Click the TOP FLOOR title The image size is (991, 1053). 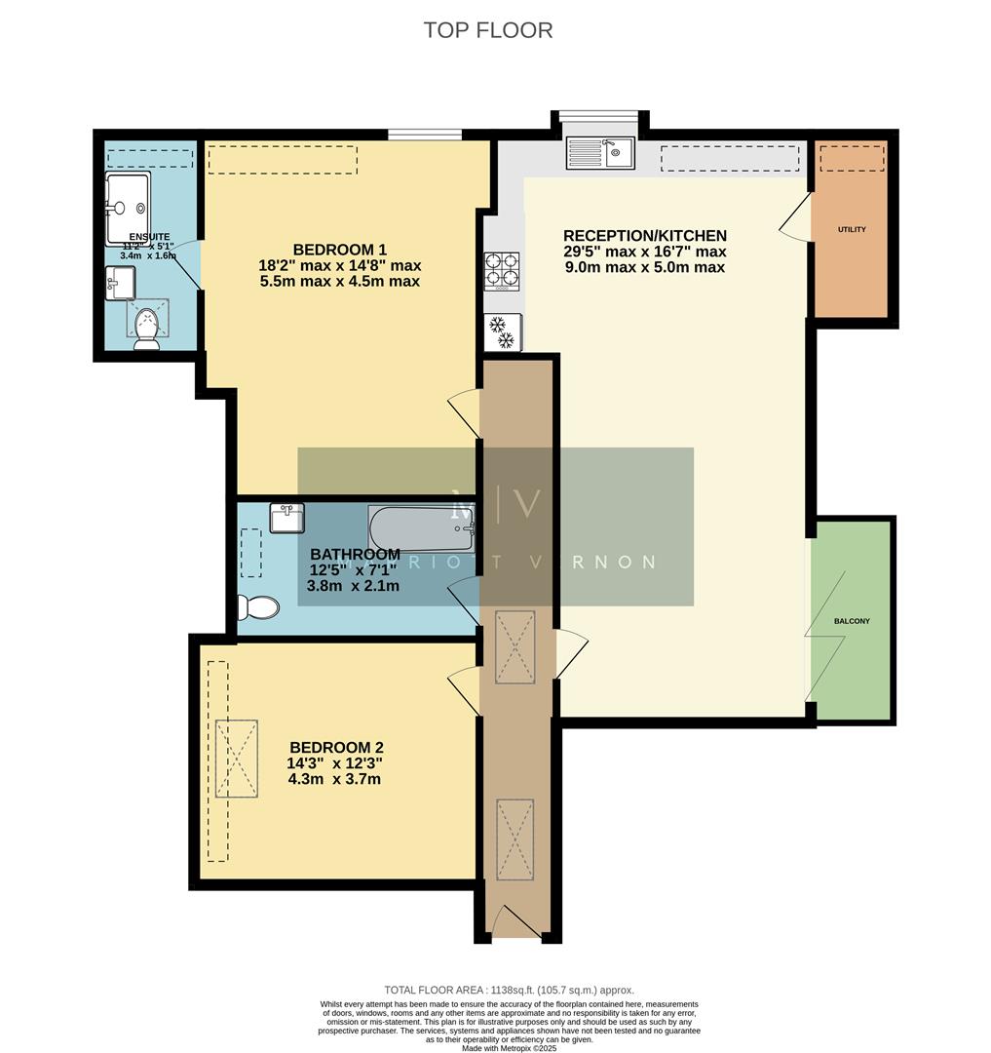coord(487,30)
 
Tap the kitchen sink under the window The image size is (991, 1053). coord(600,152)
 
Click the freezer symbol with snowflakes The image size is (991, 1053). coord(503,332)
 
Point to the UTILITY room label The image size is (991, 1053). coord(851,230)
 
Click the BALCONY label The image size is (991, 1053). coord(852,621)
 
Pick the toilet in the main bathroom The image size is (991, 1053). coord(258,607)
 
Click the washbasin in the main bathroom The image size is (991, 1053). coord(287,518)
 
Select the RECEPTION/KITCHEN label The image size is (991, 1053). coord(644,236)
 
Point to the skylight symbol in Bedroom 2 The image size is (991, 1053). coord(237,759)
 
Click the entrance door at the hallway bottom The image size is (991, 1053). coord(515,921)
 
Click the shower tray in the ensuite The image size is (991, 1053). coord(129,208)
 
